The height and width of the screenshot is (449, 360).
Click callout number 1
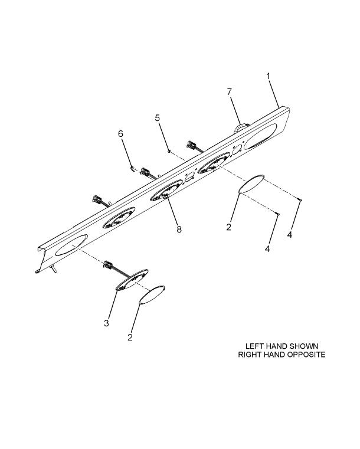coord(269,77)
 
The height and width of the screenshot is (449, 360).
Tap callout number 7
coord(229,92)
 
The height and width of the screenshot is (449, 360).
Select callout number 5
coord(157,118)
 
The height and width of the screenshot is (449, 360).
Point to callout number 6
coord(120,134)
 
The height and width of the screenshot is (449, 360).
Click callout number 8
coord(179,229)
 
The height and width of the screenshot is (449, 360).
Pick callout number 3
coord(107,323)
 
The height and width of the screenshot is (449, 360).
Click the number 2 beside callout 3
coord(130,337)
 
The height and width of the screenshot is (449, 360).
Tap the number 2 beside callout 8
coord(228,227)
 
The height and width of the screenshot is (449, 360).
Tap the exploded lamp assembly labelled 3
coord(132,280)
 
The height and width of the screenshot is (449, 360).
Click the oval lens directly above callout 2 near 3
coord(152,294)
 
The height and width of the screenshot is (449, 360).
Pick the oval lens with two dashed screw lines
coord(252,183)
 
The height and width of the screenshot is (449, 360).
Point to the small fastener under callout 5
coord(169,151)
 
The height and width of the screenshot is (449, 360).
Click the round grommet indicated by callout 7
coord(240,127)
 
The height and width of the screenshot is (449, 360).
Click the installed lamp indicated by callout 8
coord(166,191)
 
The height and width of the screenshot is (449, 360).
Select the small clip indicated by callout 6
coord(133,168)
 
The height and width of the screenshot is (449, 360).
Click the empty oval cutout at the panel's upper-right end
coord(260,136)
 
